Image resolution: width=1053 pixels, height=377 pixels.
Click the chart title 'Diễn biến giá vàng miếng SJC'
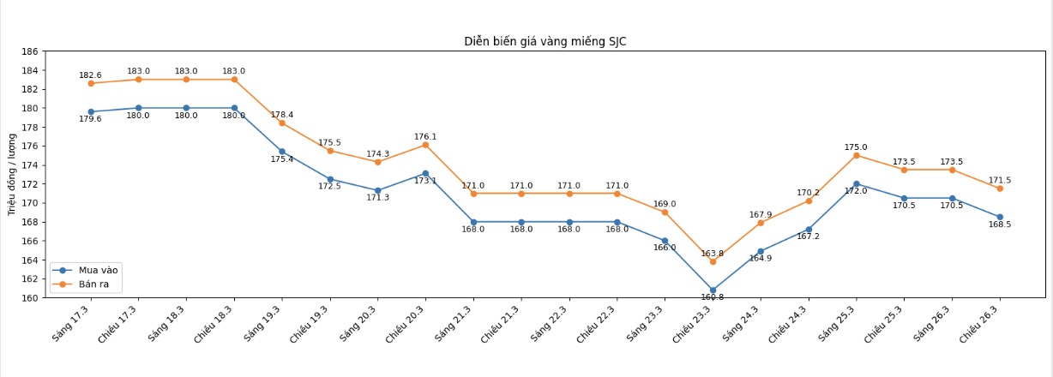point(545,41)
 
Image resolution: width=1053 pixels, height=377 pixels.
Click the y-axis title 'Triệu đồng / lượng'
point(13,175)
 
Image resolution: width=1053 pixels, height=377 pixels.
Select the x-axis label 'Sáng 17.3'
point(70,325)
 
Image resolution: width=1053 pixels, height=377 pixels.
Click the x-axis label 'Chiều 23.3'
point(691,326)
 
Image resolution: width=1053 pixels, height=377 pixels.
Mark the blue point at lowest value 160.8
point(713,290)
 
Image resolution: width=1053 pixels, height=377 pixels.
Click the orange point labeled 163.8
point(713,261)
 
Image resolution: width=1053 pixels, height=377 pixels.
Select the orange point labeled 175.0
point(856,155)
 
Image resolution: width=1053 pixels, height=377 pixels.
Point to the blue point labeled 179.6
point(91,111)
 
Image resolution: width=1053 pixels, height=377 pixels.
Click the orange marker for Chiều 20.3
point(425,145)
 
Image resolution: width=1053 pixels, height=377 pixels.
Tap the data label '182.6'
point(91,75)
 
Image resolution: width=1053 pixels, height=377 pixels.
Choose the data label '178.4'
point(282,115)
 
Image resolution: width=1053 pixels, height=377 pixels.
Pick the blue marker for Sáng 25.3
point(856,183)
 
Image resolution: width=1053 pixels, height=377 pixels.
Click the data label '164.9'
point(761,258)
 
